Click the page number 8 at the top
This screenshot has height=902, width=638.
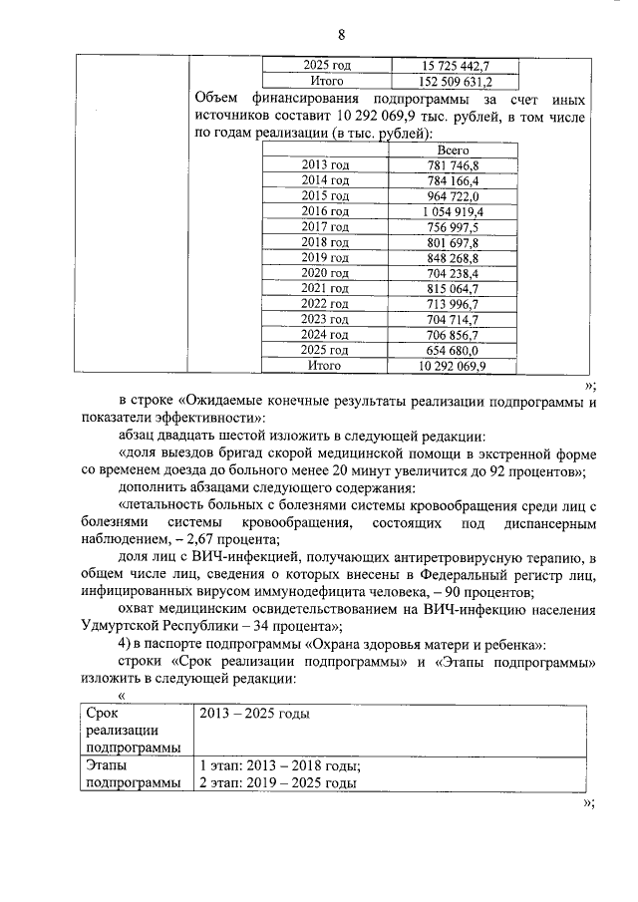[341, 35]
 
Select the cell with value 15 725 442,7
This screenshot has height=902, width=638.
[456, 66]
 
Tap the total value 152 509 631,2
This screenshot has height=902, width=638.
[456, 82]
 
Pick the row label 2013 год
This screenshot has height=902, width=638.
[325, 164]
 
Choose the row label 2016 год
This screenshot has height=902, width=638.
[325, 211]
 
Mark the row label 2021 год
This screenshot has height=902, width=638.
[325, 288]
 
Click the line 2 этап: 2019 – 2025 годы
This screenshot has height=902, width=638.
[278, 783]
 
